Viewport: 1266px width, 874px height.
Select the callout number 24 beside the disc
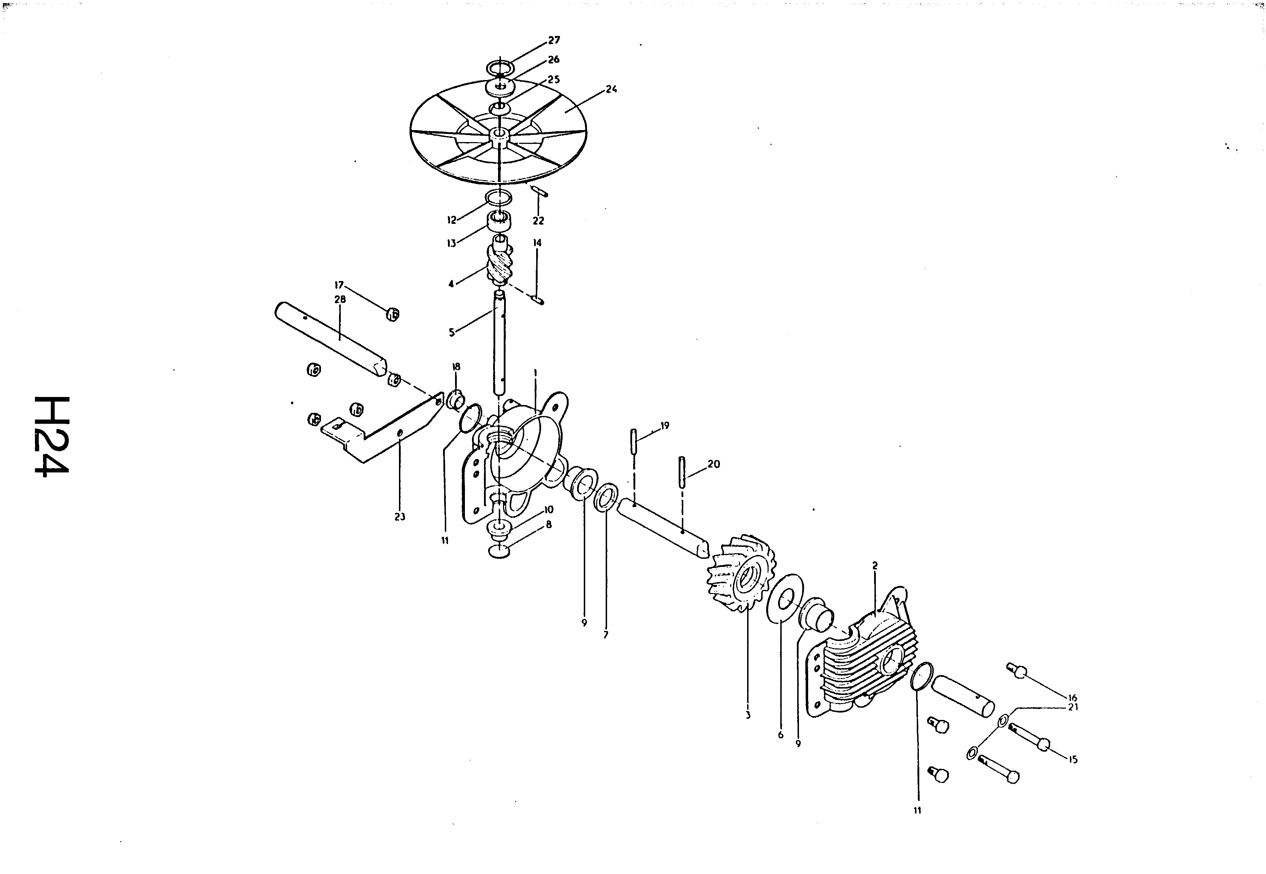click(x=611, y=89)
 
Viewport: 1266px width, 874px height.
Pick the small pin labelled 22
click(x=539, y=192)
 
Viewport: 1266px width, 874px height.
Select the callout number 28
click(x=340, y=300)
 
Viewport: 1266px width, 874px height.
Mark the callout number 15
click(x=1073, y=759)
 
